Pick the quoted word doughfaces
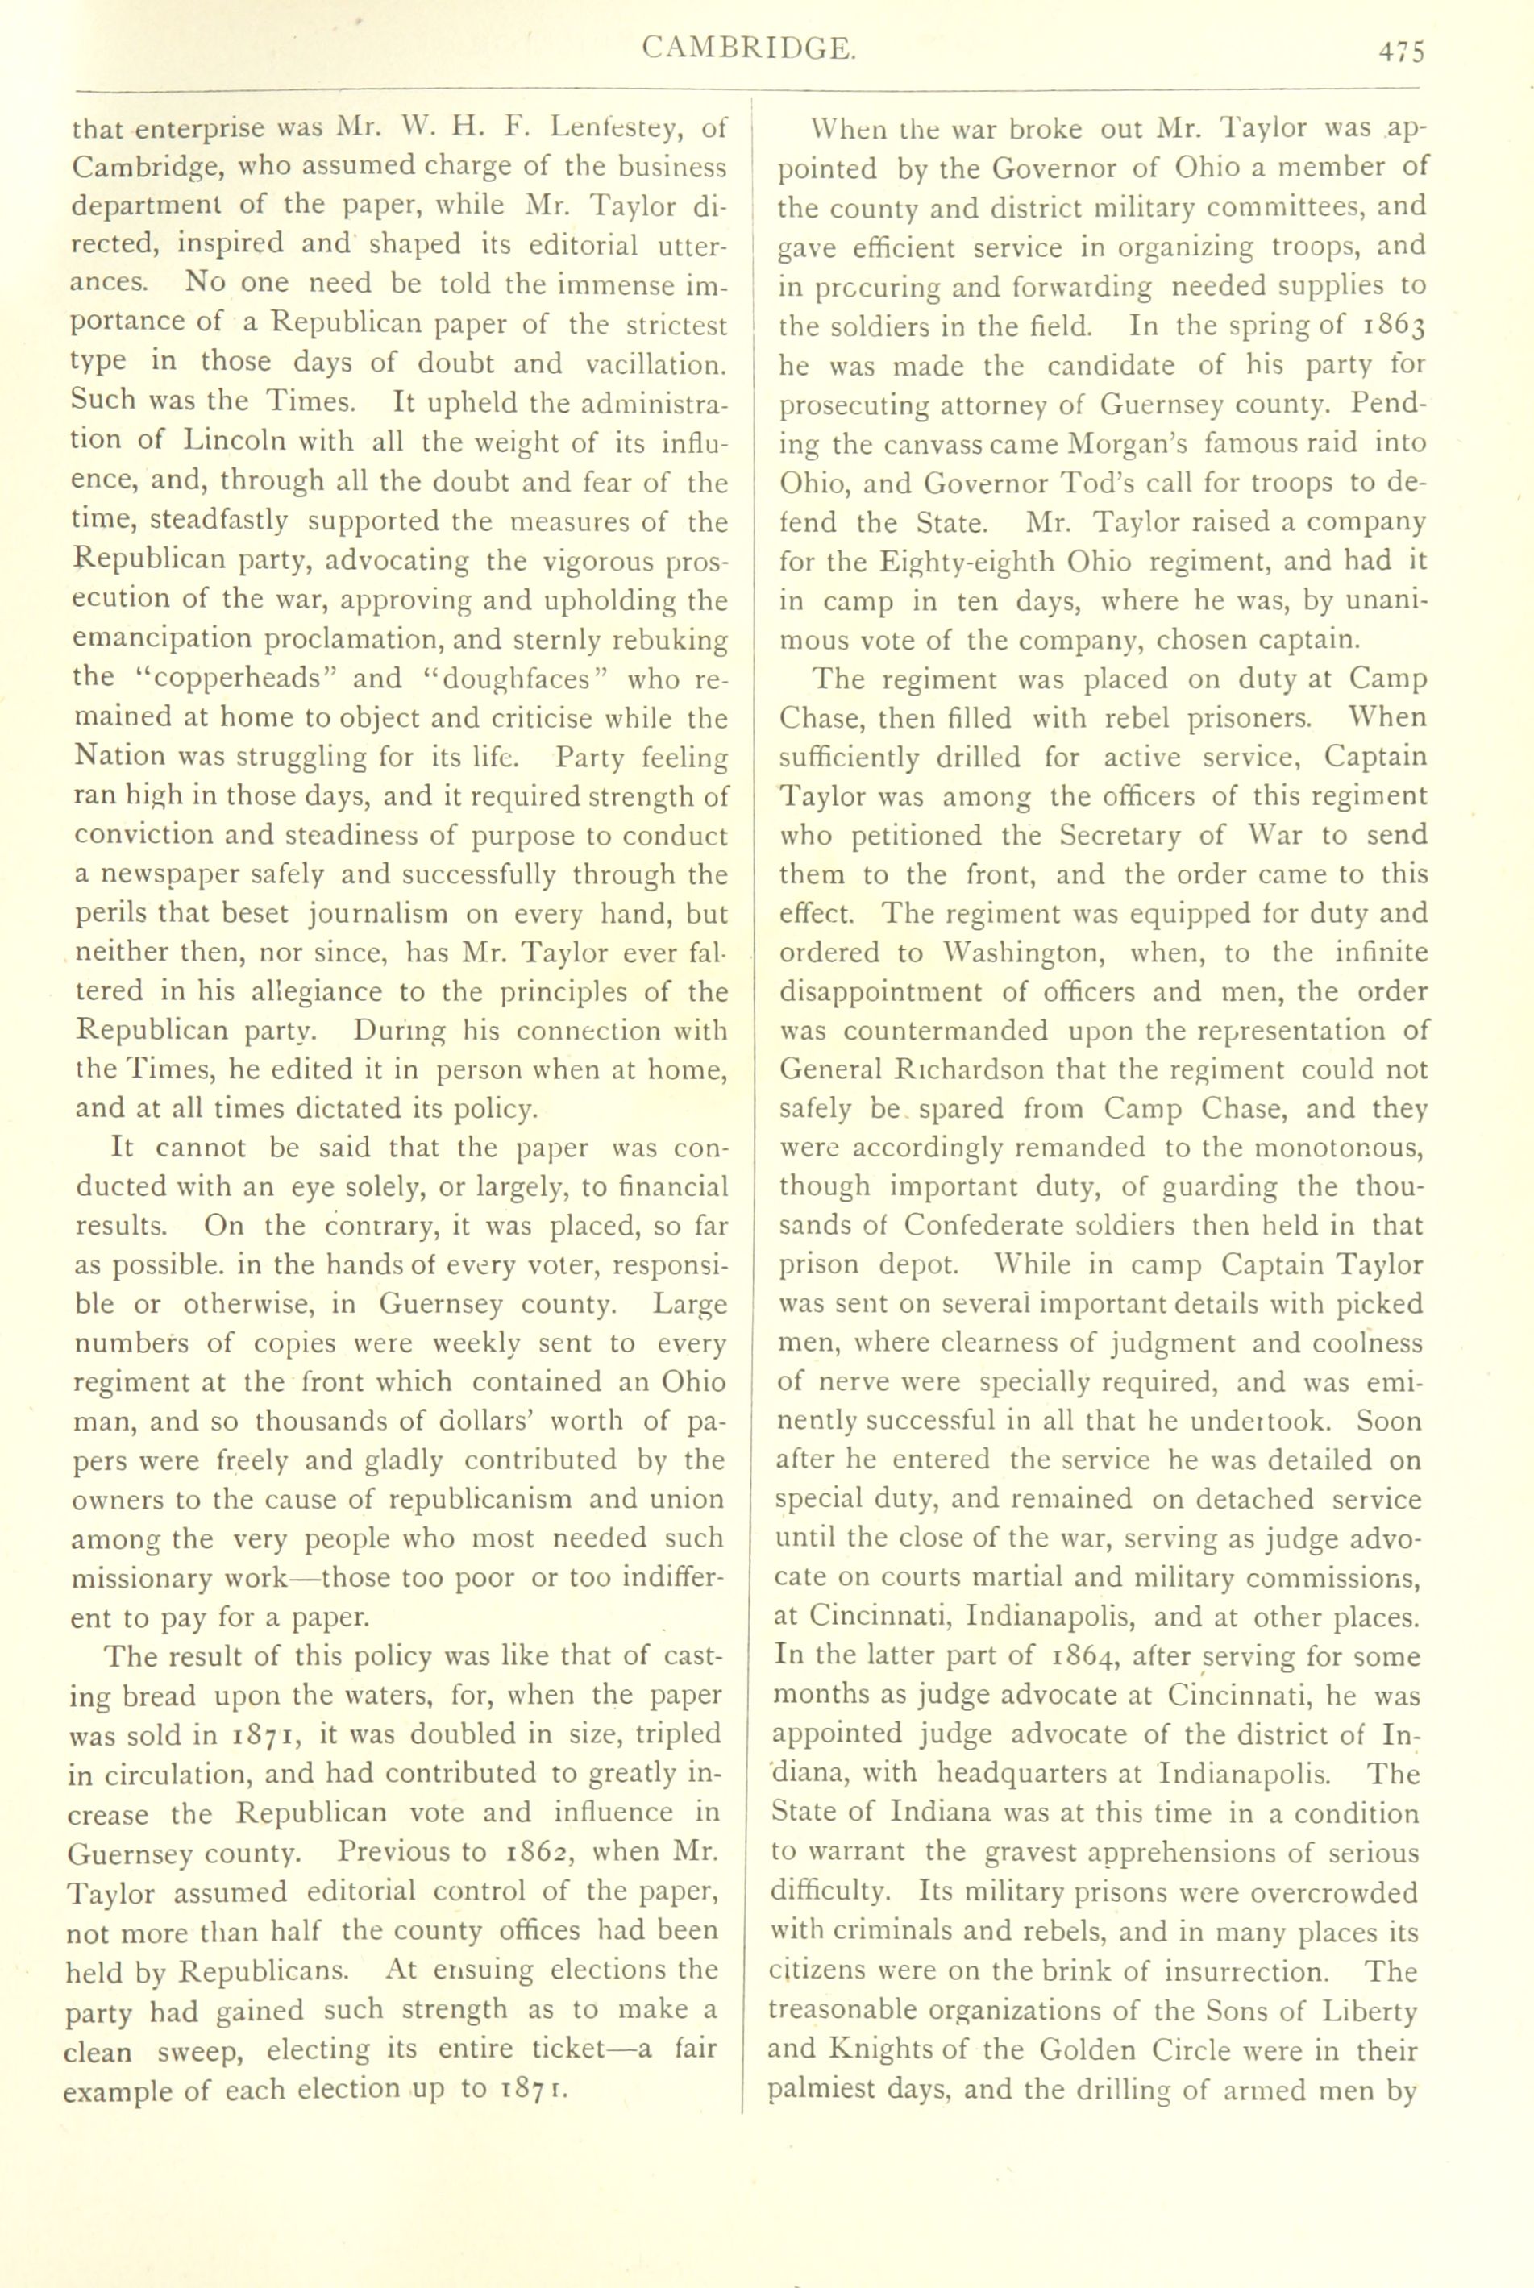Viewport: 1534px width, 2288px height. (x=513, y=678)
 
